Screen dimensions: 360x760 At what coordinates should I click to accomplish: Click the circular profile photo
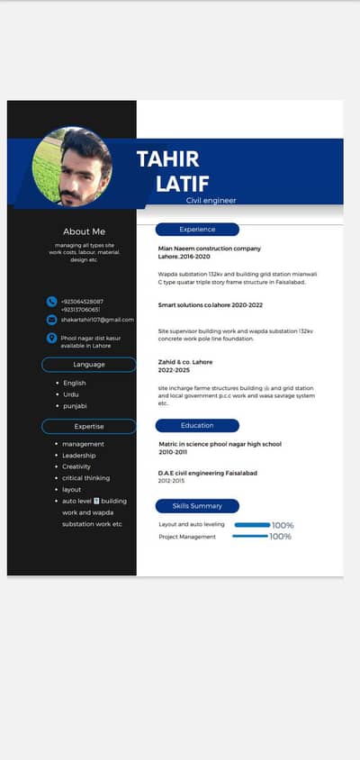(72, 167)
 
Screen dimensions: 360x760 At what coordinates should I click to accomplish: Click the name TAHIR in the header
(167, 159)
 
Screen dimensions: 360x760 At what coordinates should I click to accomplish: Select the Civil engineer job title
(211, 200)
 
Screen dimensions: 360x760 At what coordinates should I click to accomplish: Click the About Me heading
(84, 231)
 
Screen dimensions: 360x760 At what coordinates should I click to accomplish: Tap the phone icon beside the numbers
(51, 301)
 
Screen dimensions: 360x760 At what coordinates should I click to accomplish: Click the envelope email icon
(51, 319)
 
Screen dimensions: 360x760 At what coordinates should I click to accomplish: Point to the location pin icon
(51, 338)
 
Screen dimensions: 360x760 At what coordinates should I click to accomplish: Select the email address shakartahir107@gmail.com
(97, 319)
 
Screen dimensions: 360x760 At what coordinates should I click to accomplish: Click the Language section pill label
(89, 364)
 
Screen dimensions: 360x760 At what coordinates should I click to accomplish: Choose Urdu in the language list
(72, 394)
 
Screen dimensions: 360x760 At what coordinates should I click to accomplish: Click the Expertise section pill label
(89, 426)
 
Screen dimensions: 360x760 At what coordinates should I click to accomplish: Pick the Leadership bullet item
(78, 455)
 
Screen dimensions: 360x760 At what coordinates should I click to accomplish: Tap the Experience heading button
(197, 230)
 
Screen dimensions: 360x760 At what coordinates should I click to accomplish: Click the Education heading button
(197, 425)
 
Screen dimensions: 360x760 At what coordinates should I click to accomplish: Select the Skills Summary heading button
(197, 506)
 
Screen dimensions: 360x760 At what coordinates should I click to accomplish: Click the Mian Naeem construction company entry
(210, 249)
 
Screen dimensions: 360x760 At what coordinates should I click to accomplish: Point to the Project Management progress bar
(250, 537)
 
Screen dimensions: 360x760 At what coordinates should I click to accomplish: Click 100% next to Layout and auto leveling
(283, 525)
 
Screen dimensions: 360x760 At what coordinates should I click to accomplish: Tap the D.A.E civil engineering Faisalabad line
(208, 473)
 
